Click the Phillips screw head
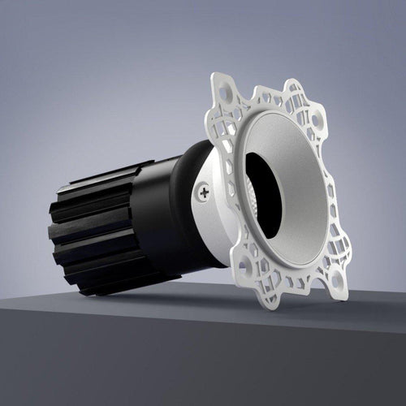click(202, 192)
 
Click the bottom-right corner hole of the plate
click(335, 281)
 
